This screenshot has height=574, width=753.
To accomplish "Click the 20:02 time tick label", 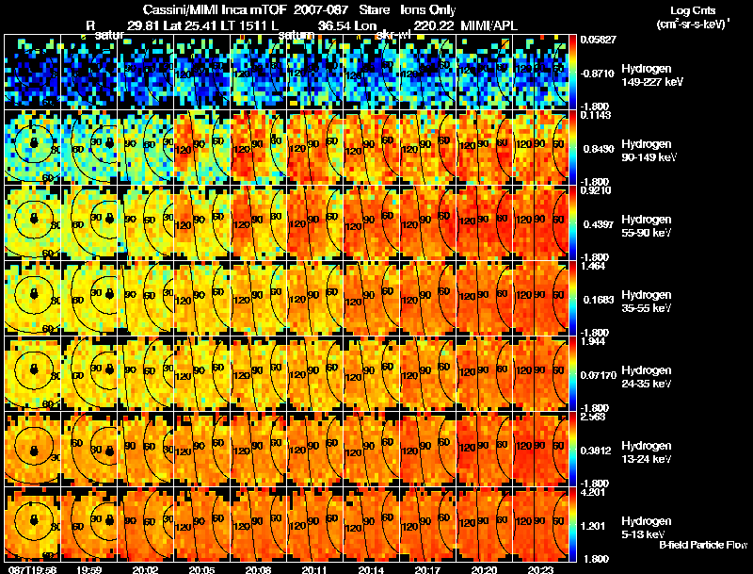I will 145,569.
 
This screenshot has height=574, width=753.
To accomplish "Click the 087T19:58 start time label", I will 31,569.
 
